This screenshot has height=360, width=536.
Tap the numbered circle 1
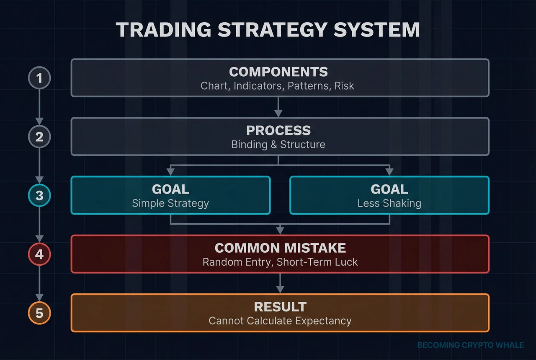pos(39,78)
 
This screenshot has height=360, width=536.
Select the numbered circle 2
pos(39,137)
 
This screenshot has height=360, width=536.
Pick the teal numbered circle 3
pos(39,196)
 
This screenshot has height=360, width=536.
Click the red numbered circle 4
pos(39,254)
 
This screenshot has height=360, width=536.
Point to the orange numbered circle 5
pos(39,313)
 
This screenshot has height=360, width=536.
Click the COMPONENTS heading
pos(278,72)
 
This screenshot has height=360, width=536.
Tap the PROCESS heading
pos(278,130)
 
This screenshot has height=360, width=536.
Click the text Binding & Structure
pos(278,145)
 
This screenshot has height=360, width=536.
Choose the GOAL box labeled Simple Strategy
pos(170,195)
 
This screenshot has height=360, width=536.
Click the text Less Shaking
pos(389,204)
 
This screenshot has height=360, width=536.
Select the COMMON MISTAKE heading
pos(280,248)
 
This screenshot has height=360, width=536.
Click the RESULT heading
pos(280,306)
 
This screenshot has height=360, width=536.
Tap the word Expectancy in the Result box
pos(323,321)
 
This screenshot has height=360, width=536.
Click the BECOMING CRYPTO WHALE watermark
pos(470,345)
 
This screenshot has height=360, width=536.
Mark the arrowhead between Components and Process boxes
pos(278,113)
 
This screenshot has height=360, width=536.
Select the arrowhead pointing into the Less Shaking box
pos(389,172)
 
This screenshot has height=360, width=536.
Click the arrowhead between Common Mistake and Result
pos(280,289)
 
